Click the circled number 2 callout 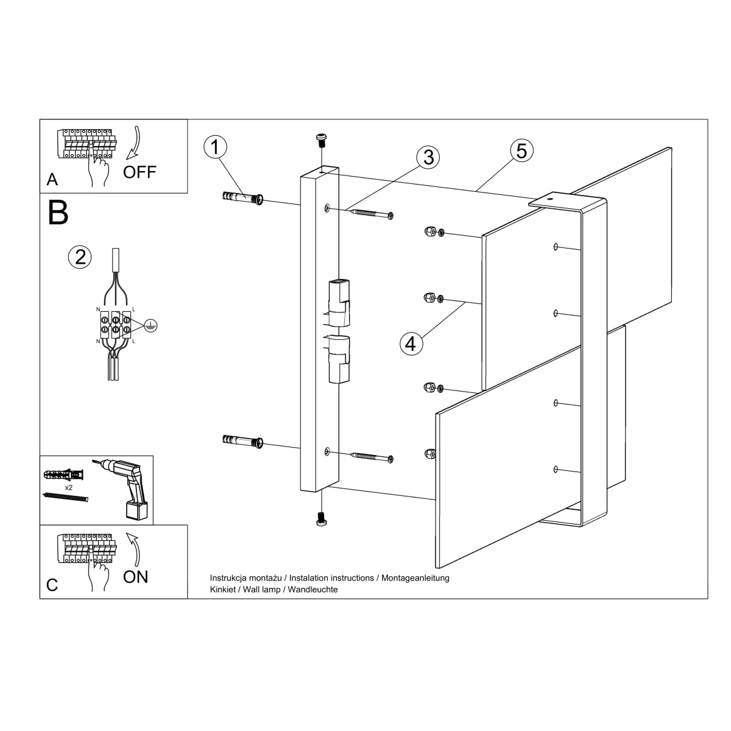[x=79, y=257]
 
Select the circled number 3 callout [x=428, y=157]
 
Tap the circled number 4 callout [x=411, y=344]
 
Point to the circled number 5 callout [x=521, y=150]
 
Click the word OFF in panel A [x=139, y=172]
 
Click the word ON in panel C [x=135, y=576]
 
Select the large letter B [x=58, y=213]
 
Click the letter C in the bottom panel [x=52, y=585]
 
